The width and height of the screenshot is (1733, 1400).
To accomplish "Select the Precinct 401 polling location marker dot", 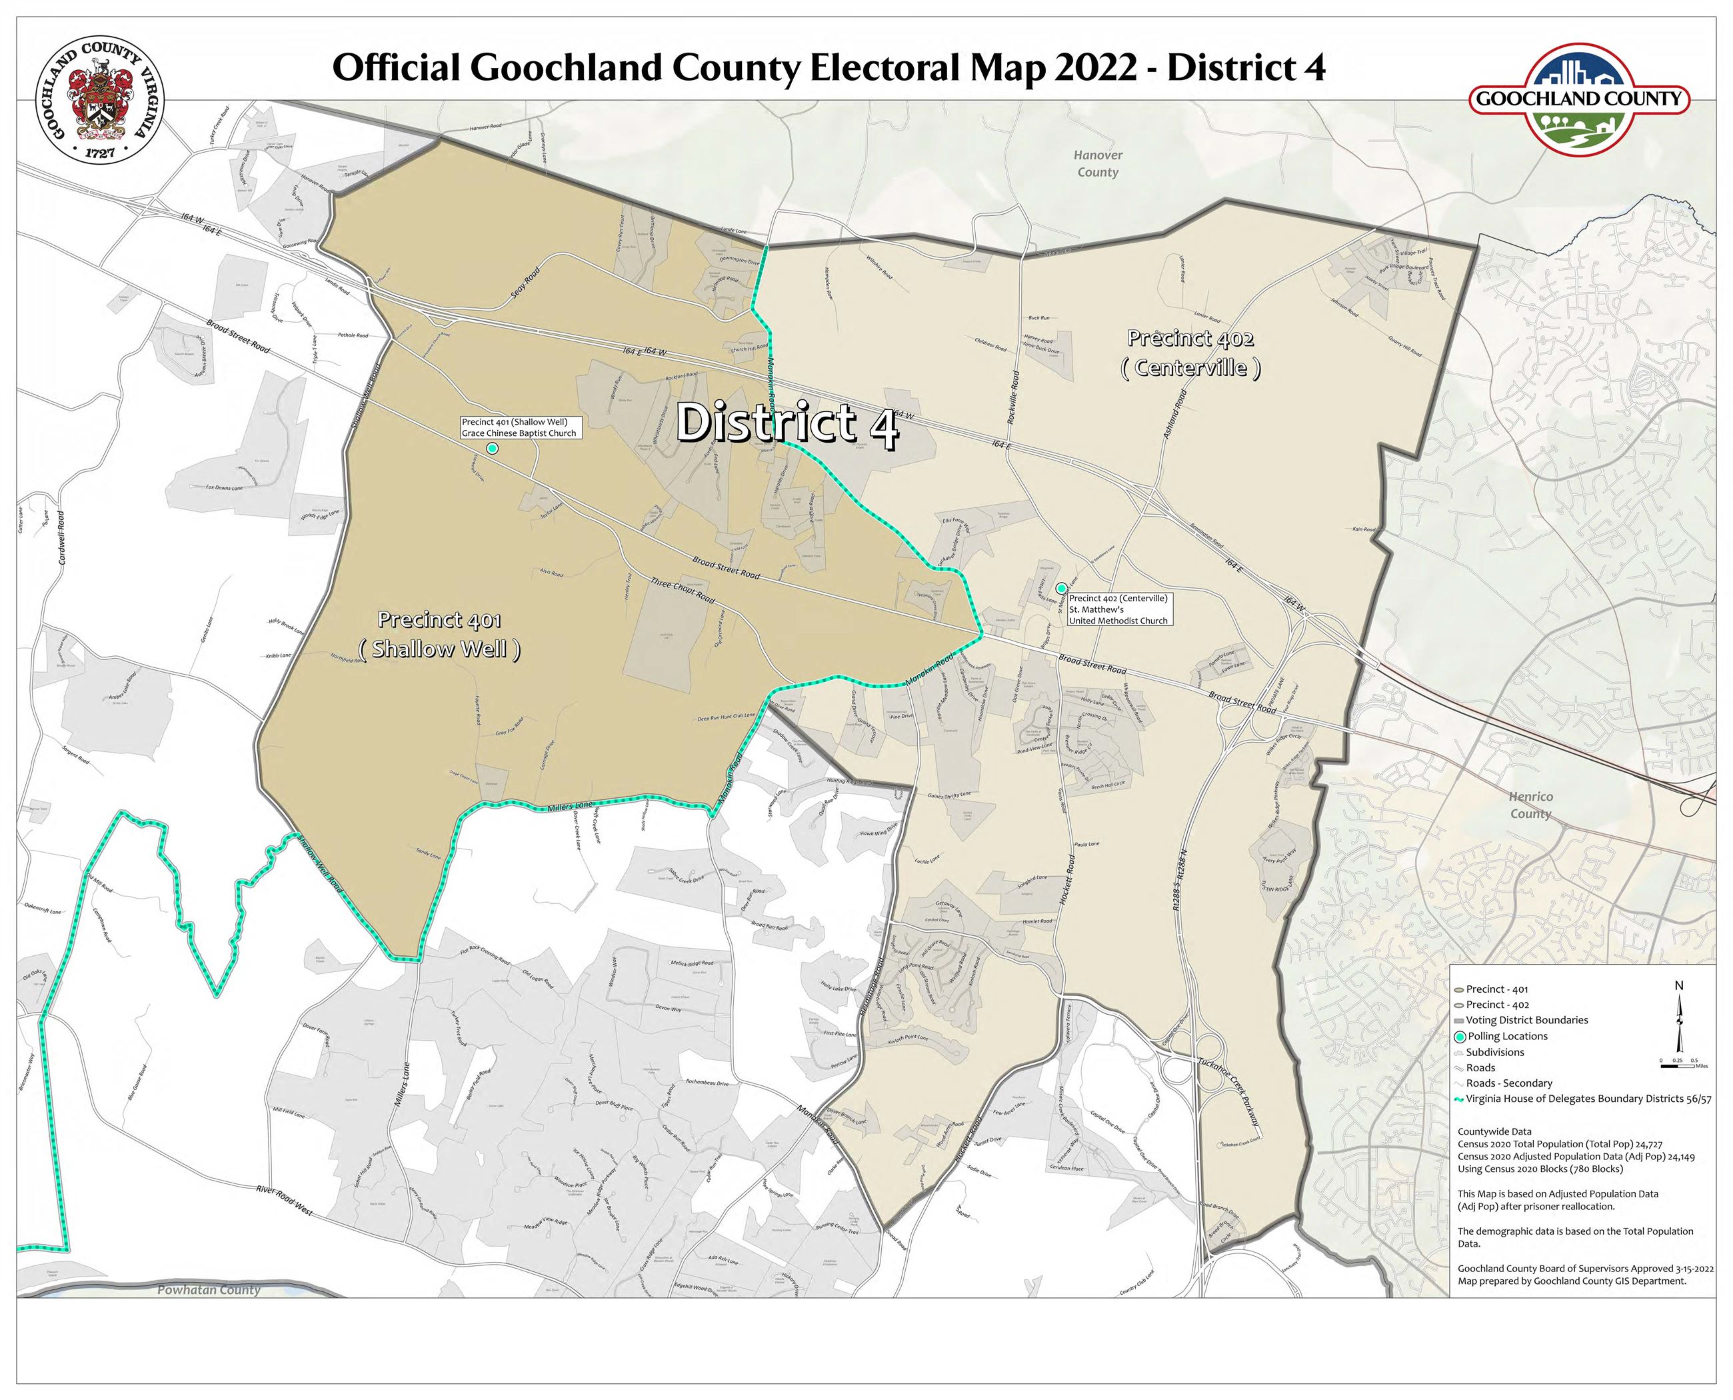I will click(x=492, y=447).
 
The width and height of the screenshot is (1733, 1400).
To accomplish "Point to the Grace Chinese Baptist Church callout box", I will click(x=519, y=427).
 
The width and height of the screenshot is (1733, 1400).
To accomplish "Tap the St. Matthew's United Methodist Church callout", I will click(x=1118, y=610).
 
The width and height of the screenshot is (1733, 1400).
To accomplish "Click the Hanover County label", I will click(x=1098, y=164).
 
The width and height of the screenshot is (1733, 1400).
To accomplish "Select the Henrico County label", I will click(x=1530, y=805).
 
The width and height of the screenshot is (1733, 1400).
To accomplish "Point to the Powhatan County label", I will click(x=209, y=1289).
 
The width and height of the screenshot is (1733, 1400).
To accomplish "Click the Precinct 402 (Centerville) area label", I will click(x=1190, y=353).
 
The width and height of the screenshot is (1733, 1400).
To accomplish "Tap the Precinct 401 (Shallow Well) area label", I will click(x=439, y=635).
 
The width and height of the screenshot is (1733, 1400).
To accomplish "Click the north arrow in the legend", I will click(x=1679, y=1023).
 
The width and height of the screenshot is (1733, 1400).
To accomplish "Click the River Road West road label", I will click(x=284, y=1200).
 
